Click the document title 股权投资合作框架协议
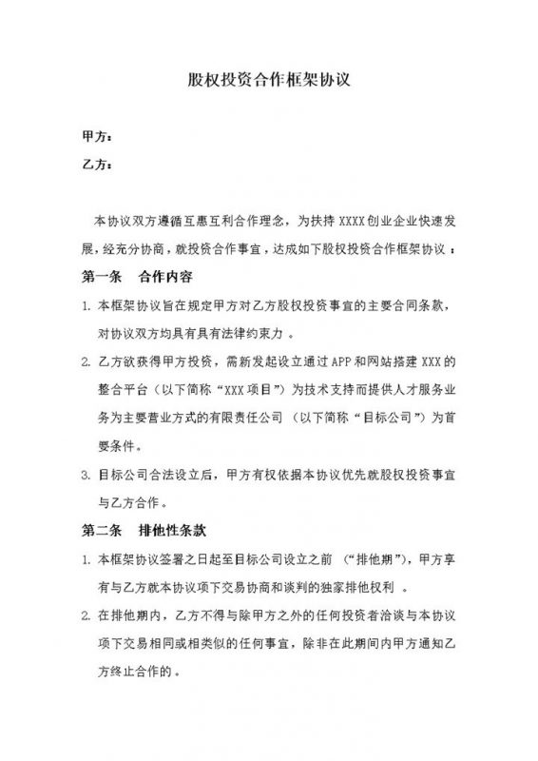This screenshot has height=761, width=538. tap(270, 80)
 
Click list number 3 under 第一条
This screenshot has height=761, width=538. tap(87, 474)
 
